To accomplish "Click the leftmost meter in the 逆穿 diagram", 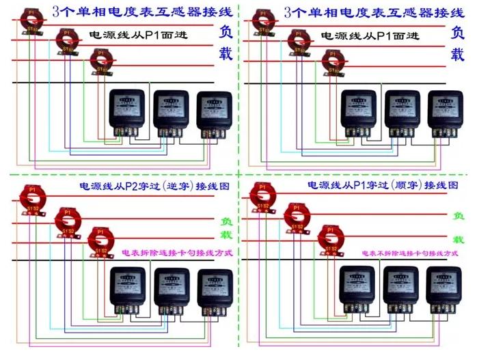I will coord(128,287).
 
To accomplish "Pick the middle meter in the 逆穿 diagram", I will coord(172,288).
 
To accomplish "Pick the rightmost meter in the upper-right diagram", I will coord(444,109).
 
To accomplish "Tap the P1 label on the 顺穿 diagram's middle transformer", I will coord(295,205).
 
